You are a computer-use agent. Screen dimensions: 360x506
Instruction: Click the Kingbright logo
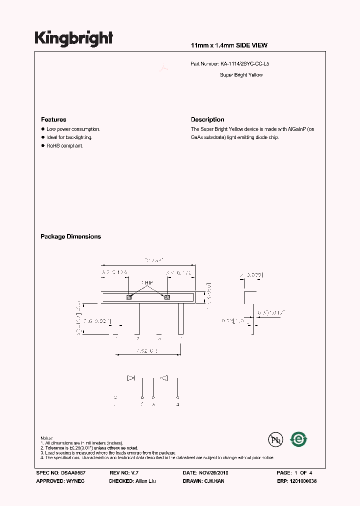74,38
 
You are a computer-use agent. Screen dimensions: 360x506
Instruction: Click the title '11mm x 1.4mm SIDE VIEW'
229,45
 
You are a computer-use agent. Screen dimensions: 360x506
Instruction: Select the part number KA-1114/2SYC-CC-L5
247,64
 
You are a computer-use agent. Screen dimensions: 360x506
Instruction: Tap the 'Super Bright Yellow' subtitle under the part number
241,75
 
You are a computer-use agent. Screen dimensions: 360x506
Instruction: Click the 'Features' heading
53,119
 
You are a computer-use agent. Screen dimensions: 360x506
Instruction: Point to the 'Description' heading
207,119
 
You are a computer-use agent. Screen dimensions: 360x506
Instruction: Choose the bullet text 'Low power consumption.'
73,129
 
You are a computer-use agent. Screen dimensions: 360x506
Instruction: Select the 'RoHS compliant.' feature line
64,145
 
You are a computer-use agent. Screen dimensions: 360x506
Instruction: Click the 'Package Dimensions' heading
70,236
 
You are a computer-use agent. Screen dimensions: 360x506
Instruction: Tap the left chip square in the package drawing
129,297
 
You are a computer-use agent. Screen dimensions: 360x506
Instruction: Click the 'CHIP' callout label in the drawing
147,283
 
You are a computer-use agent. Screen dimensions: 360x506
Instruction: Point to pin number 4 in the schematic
178,403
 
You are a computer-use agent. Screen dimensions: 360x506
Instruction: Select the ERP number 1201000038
303,481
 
